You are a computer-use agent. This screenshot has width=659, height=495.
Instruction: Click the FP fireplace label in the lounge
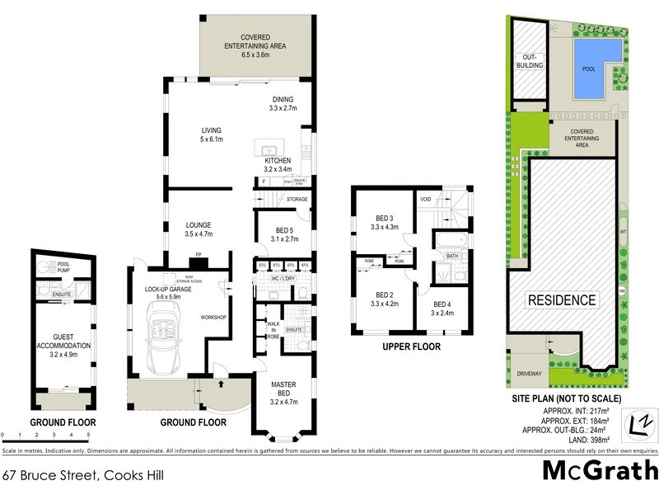(x=198, y=255)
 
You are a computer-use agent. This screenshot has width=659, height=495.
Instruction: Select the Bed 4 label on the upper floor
(x=442, y=309)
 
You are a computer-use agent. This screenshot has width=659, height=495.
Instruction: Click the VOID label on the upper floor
(x=426, y=199)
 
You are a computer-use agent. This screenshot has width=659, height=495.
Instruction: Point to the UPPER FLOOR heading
(x=411, y=346)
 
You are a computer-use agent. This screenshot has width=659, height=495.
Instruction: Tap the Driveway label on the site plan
(x=529, y=374)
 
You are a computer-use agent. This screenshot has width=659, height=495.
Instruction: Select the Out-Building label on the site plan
(x=527, y=61)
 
